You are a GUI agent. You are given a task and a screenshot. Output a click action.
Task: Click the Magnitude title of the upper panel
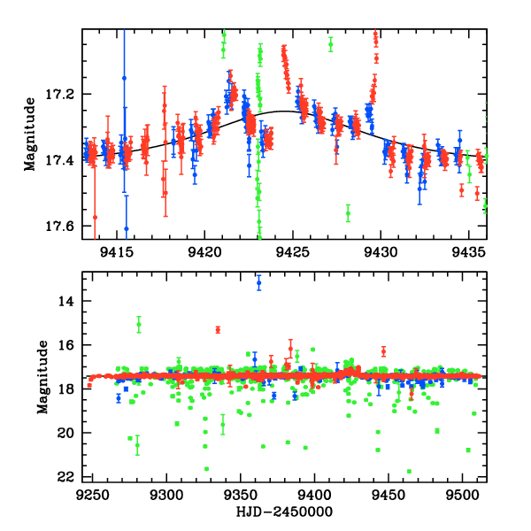31,134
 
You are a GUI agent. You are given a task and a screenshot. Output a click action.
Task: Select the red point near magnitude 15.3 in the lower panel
218,330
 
